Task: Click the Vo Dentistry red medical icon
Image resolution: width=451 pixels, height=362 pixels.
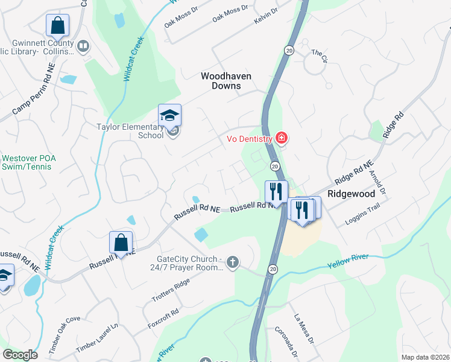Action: [x=281, y=138]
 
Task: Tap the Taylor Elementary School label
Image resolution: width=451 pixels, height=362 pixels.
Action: [x=130, y=131]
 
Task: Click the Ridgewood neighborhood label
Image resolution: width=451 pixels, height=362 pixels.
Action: [x=351, y=194]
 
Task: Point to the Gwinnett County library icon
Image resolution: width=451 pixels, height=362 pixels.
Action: [x=83, y=45]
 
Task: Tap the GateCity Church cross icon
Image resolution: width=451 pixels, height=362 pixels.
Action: [x=233, y=262]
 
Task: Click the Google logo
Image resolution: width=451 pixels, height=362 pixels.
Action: [x=20, y=355]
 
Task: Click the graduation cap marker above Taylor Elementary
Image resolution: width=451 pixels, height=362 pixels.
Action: [x=169, y=115]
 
